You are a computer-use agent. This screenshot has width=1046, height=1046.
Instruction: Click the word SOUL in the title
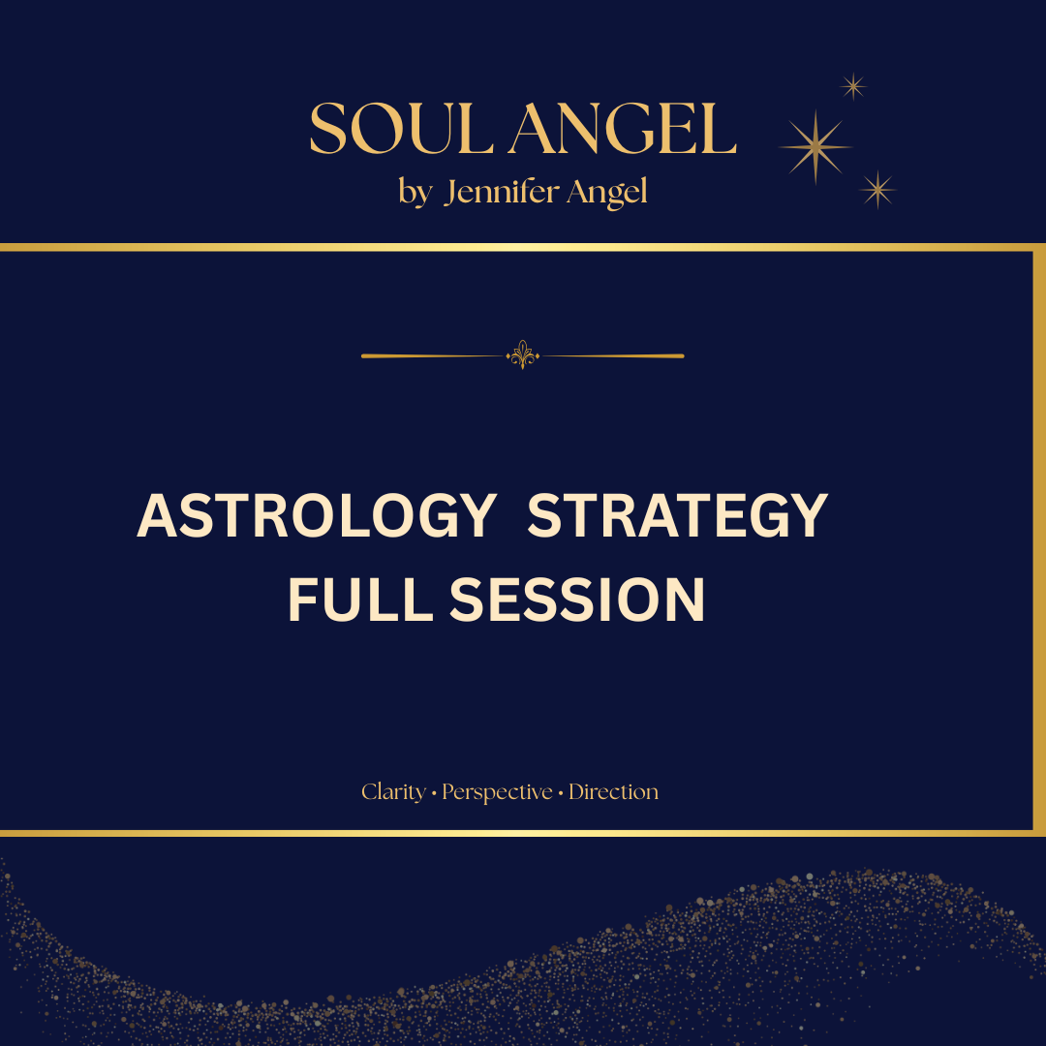[401, 129]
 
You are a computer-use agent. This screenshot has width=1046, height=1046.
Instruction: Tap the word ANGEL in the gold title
[623, 129]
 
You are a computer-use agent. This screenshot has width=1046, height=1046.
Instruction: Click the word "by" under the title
[415, 193]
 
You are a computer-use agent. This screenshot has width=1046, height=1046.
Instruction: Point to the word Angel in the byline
[606, 193]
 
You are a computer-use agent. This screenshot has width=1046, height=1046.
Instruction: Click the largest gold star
[815, 147]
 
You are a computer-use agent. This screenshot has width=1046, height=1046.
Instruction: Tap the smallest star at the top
[853, 86]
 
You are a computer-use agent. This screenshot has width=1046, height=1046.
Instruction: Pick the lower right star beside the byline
[877, 190]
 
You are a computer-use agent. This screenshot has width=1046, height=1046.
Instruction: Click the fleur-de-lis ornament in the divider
[522, 354]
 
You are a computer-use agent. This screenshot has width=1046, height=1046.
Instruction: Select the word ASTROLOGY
[317, 515]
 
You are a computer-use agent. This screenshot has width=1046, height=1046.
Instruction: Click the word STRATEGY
[678, 515]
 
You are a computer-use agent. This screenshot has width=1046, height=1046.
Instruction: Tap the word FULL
[360, 600]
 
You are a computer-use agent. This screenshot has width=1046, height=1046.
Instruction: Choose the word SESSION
[577, 600]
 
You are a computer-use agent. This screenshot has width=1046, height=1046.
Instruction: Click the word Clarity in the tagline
[393, 792]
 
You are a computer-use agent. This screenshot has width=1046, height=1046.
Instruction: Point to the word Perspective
[497, 792]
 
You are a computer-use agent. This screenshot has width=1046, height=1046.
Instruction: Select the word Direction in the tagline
[613, 792]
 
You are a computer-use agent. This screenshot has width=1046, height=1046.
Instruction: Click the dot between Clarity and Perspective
[434, 793]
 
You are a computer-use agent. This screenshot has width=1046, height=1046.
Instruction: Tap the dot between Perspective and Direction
[561, 793]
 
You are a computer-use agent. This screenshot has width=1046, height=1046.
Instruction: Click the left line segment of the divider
[432, 355]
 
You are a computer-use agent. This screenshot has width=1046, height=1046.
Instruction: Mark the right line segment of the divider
[613, 355]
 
